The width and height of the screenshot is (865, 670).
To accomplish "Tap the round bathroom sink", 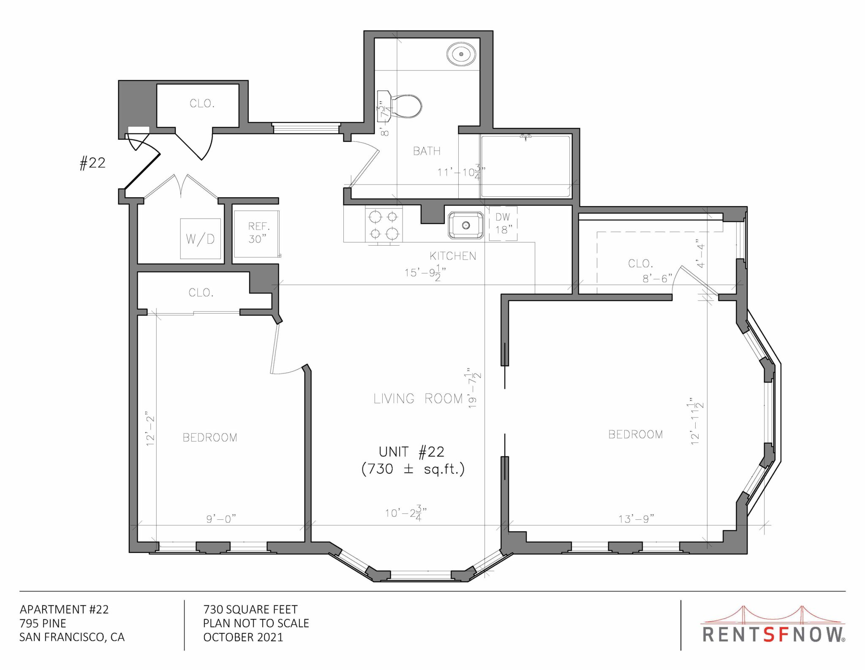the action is tap(461, 54).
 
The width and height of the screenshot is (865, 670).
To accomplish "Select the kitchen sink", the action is tap(466, 225).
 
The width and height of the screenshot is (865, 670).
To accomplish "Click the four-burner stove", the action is tap(384, 225).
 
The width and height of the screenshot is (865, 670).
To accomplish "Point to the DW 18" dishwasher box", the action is tap(503, 223).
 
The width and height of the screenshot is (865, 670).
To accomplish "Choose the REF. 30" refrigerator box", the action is tap(257, 233).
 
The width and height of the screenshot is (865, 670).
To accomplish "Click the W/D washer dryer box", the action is tap(201, 239).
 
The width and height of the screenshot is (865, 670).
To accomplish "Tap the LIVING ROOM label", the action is tap(418, 399).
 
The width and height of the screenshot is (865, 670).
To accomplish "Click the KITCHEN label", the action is tap(453, 256).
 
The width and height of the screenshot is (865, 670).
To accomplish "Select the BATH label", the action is tap(427, 151).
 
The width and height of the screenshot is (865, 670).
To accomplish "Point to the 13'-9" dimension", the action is tap(636, 518).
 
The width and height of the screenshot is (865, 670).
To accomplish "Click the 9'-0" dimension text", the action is tap(221, 518).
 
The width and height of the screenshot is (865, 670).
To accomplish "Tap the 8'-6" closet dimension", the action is tap(657, 279).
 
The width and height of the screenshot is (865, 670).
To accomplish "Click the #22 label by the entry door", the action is tap(92, 163).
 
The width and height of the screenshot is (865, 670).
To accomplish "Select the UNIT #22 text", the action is tap(412, 452).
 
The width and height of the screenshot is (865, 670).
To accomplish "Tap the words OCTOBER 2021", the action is tap(243, 637).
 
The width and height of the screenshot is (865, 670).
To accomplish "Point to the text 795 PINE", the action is tap(43, 623).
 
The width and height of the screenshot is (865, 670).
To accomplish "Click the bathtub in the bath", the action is tap(525, 166).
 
